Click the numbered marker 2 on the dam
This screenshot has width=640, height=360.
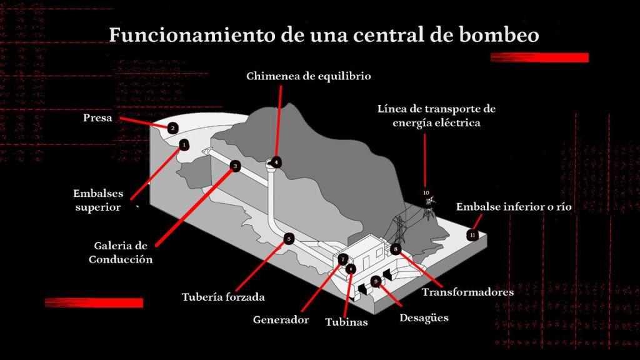173,128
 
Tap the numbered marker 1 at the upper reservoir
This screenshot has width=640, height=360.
183,144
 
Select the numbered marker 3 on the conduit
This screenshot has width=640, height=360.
234,166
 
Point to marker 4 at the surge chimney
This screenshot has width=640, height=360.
276,162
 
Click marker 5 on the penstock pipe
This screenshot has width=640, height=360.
288,238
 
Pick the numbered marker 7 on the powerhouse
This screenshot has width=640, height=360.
342,259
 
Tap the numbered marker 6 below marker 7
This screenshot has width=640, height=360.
351,269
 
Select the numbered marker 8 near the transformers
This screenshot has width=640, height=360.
395,249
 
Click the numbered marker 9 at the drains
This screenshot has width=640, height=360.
376,282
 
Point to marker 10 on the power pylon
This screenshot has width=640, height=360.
426,192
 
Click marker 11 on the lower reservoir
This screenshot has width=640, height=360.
472,235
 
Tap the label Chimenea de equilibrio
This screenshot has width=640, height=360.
309,77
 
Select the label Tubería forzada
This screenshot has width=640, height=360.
223,297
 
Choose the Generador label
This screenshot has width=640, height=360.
281,320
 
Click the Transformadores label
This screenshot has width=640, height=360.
467,292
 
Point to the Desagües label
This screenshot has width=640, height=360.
424,318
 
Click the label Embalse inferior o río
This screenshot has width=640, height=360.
514,207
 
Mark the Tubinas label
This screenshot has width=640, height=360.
346,322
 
